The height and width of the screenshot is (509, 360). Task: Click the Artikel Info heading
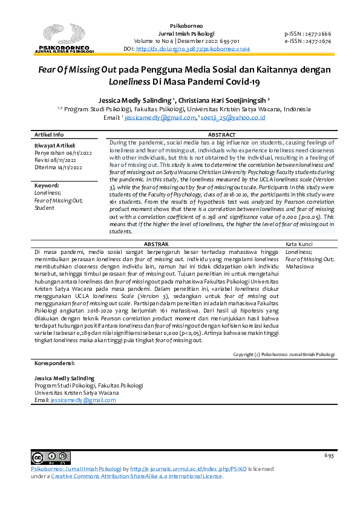coord(49,134)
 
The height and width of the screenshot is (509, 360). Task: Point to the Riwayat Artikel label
coord(55,146)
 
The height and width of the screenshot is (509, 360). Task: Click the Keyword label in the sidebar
coord(47,186)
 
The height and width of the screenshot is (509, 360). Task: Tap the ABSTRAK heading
coord(158,242)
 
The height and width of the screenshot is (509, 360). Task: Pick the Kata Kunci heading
coord(298,243)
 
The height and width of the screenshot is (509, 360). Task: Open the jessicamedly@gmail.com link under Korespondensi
coord(74,400)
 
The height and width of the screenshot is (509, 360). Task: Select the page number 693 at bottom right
coord(329,455)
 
